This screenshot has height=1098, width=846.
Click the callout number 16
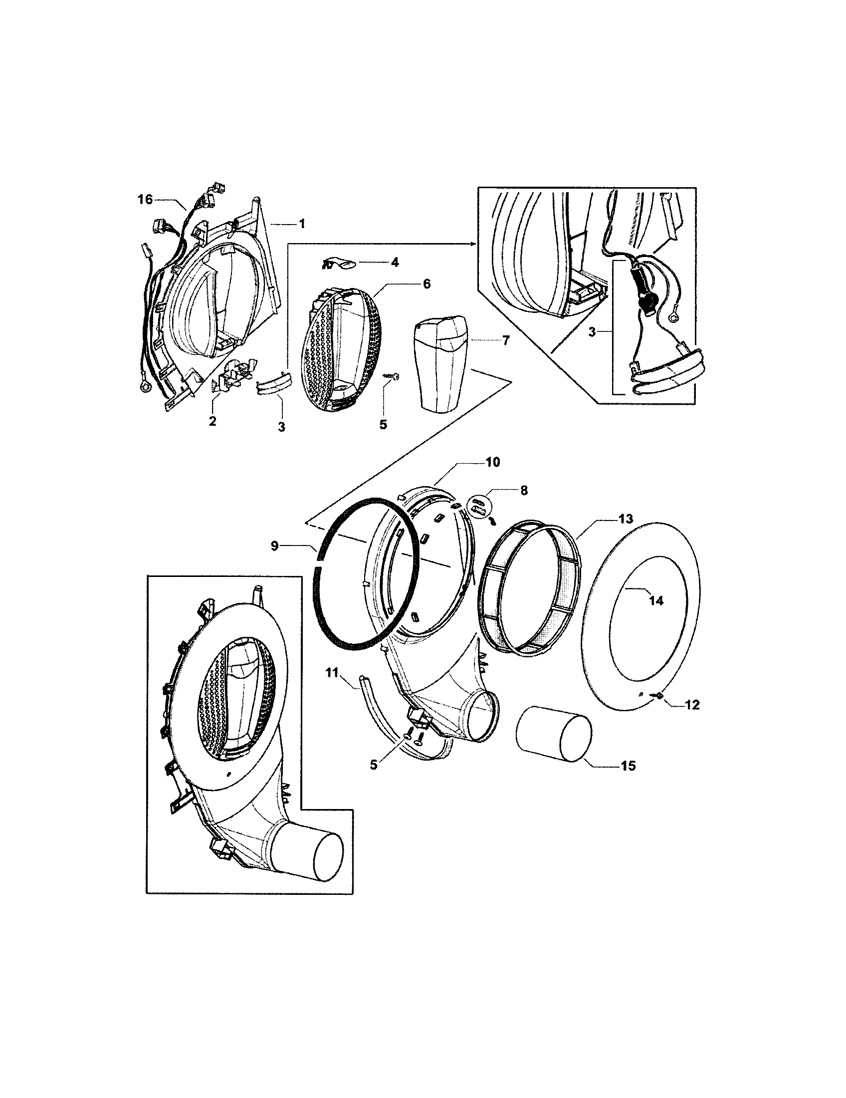pyautogui.click(x=145, y=200)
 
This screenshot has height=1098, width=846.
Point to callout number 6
pyautogui.click(x=426, y=283)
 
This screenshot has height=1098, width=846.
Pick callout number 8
pyautogui.click(x=524, y=491)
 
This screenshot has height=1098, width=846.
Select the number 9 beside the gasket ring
pyautogui.click(x=274, y=546)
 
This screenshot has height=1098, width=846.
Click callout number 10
pyautogui.click(x=492, y=462)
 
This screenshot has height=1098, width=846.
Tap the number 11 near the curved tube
pyautogui.click(x=332, y=673)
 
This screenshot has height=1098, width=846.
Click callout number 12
pyautogui.click(x=692, y=705)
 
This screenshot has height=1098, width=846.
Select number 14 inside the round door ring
pyautogui.click(x=656, y=600)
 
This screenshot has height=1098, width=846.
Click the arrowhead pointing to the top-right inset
pyautogui.click(x=472, y=244)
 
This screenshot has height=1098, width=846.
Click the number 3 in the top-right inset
pyautogui.click(x=592, y=332)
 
